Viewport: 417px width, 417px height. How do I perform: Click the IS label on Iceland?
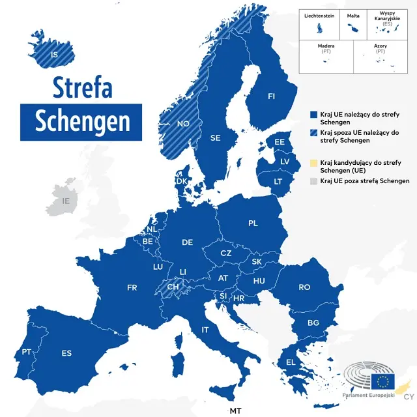point(54,55)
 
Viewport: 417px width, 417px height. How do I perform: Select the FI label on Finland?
point(272,96)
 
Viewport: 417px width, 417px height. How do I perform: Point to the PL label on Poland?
point(253,223)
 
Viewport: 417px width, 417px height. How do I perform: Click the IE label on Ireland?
point(65,201)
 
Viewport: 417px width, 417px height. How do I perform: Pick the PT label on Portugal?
point(27,351)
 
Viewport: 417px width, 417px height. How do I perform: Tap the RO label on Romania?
point(304,287)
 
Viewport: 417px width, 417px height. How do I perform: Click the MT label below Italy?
point(235,410)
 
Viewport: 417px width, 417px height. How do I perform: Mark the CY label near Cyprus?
point(409,397)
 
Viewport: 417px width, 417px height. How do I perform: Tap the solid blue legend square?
point(313,114)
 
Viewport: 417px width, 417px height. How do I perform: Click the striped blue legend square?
point(313,132)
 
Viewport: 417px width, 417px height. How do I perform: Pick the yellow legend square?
point(313,162)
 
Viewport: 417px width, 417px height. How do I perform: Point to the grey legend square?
point(313,180)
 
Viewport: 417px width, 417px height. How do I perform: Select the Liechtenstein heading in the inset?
point(319,15)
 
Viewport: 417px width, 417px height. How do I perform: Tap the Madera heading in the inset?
point(326,46)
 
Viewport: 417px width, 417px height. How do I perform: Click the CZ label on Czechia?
point(225,253)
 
